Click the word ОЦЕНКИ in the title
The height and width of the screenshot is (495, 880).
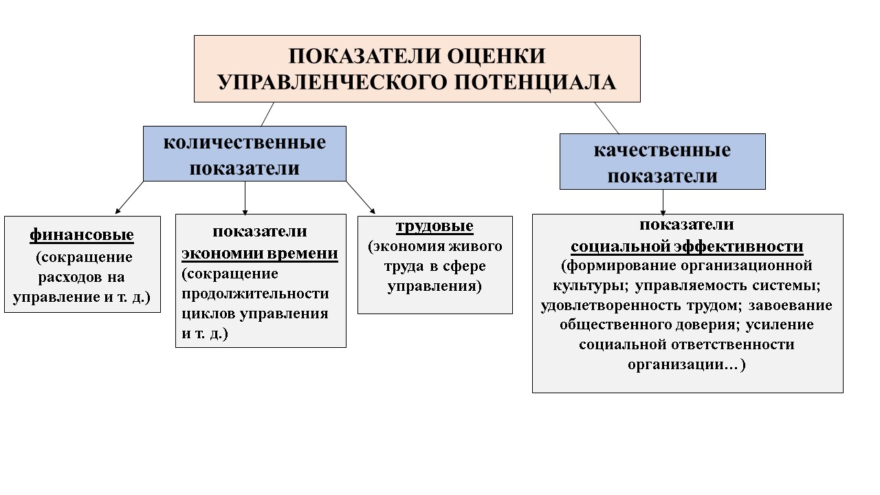(x=496, y=56)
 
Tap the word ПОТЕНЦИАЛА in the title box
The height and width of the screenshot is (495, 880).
(x=535, y=82)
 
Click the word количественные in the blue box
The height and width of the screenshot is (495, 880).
(x=244, y=142)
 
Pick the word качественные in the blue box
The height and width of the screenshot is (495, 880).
(x=662, y=150)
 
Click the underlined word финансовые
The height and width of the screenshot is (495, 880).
(x=82, y=235)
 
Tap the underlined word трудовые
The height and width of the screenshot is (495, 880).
(x=434, y=226)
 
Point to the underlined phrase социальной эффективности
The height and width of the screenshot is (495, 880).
(x=687, y=247)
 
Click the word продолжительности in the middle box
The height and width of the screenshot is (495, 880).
(x=255, y=294)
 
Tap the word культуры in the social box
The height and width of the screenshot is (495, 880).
(x=588, y=285)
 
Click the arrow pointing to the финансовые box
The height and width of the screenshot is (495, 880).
(x=130, y=197)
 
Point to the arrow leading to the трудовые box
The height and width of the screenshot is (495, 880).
(x=360, y=197)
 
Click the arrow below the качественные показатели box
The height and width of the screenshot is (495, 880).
(x=663, y=202)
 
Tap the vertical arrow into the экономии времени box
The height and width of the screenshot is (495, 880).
(x=245, y=198)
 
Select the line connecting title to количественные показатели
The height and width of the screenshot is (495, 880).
(x=267, y=114)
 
